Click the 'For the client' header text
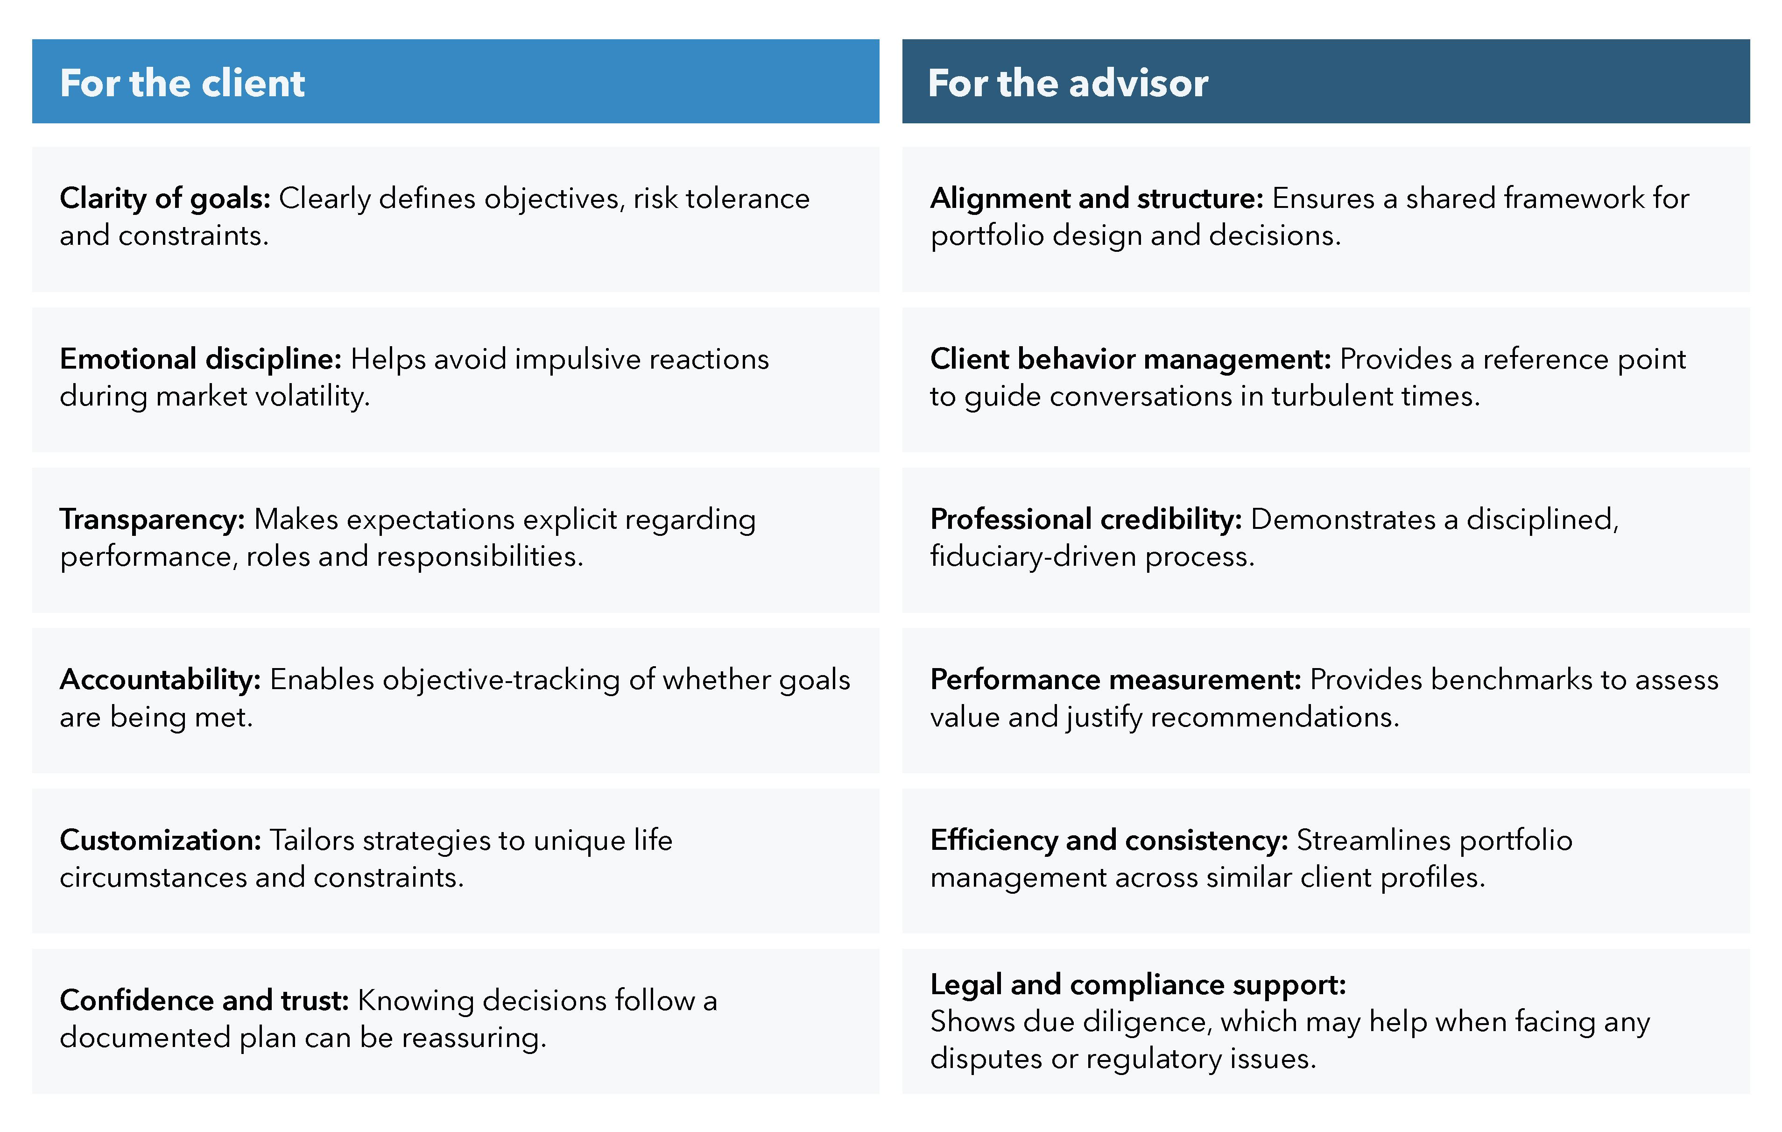coord(182,83)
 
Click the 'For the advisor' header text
coord(1068,83)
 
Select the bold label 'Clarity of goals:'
coord(165,199)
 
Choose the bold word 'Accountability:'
coord(160,680)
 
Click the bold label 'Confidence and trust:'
coord(204,1000)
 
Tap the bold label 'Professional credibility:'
coord(1085,520)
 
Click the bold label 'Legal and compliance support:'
coord(1137,985)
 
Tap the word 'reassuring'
coord(473,1038)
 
